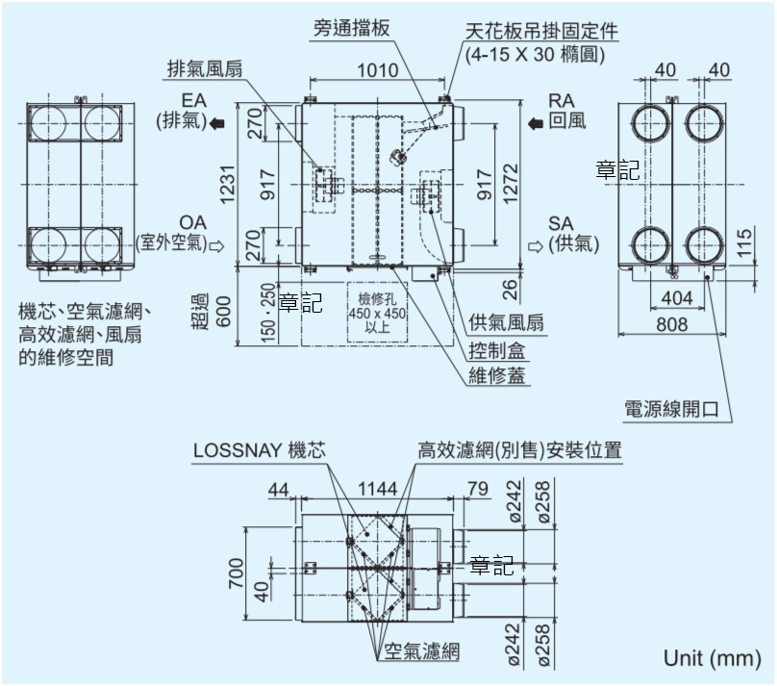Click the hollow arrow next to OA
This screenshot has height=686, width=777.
click(216, 245)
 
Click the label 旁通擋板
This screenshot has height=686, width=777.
click(351, 27)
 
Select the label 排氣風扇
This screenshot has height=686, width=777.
click(206, 69)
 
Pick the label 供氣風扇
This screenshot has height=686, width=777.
click(505, 322)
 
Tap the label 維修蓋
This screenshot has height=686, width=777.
click(497, 375)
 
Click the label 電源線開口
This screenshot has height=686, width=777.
click(672, 408)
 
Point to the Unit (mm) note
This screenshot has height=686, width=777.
click(712, 659)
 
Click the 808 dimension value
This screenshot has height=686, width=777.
click(672, 325)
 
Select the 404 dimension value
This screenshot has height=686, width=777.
click(677, 296)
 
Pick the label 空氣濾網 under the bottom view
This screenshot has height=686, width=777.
click(421, 651)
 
